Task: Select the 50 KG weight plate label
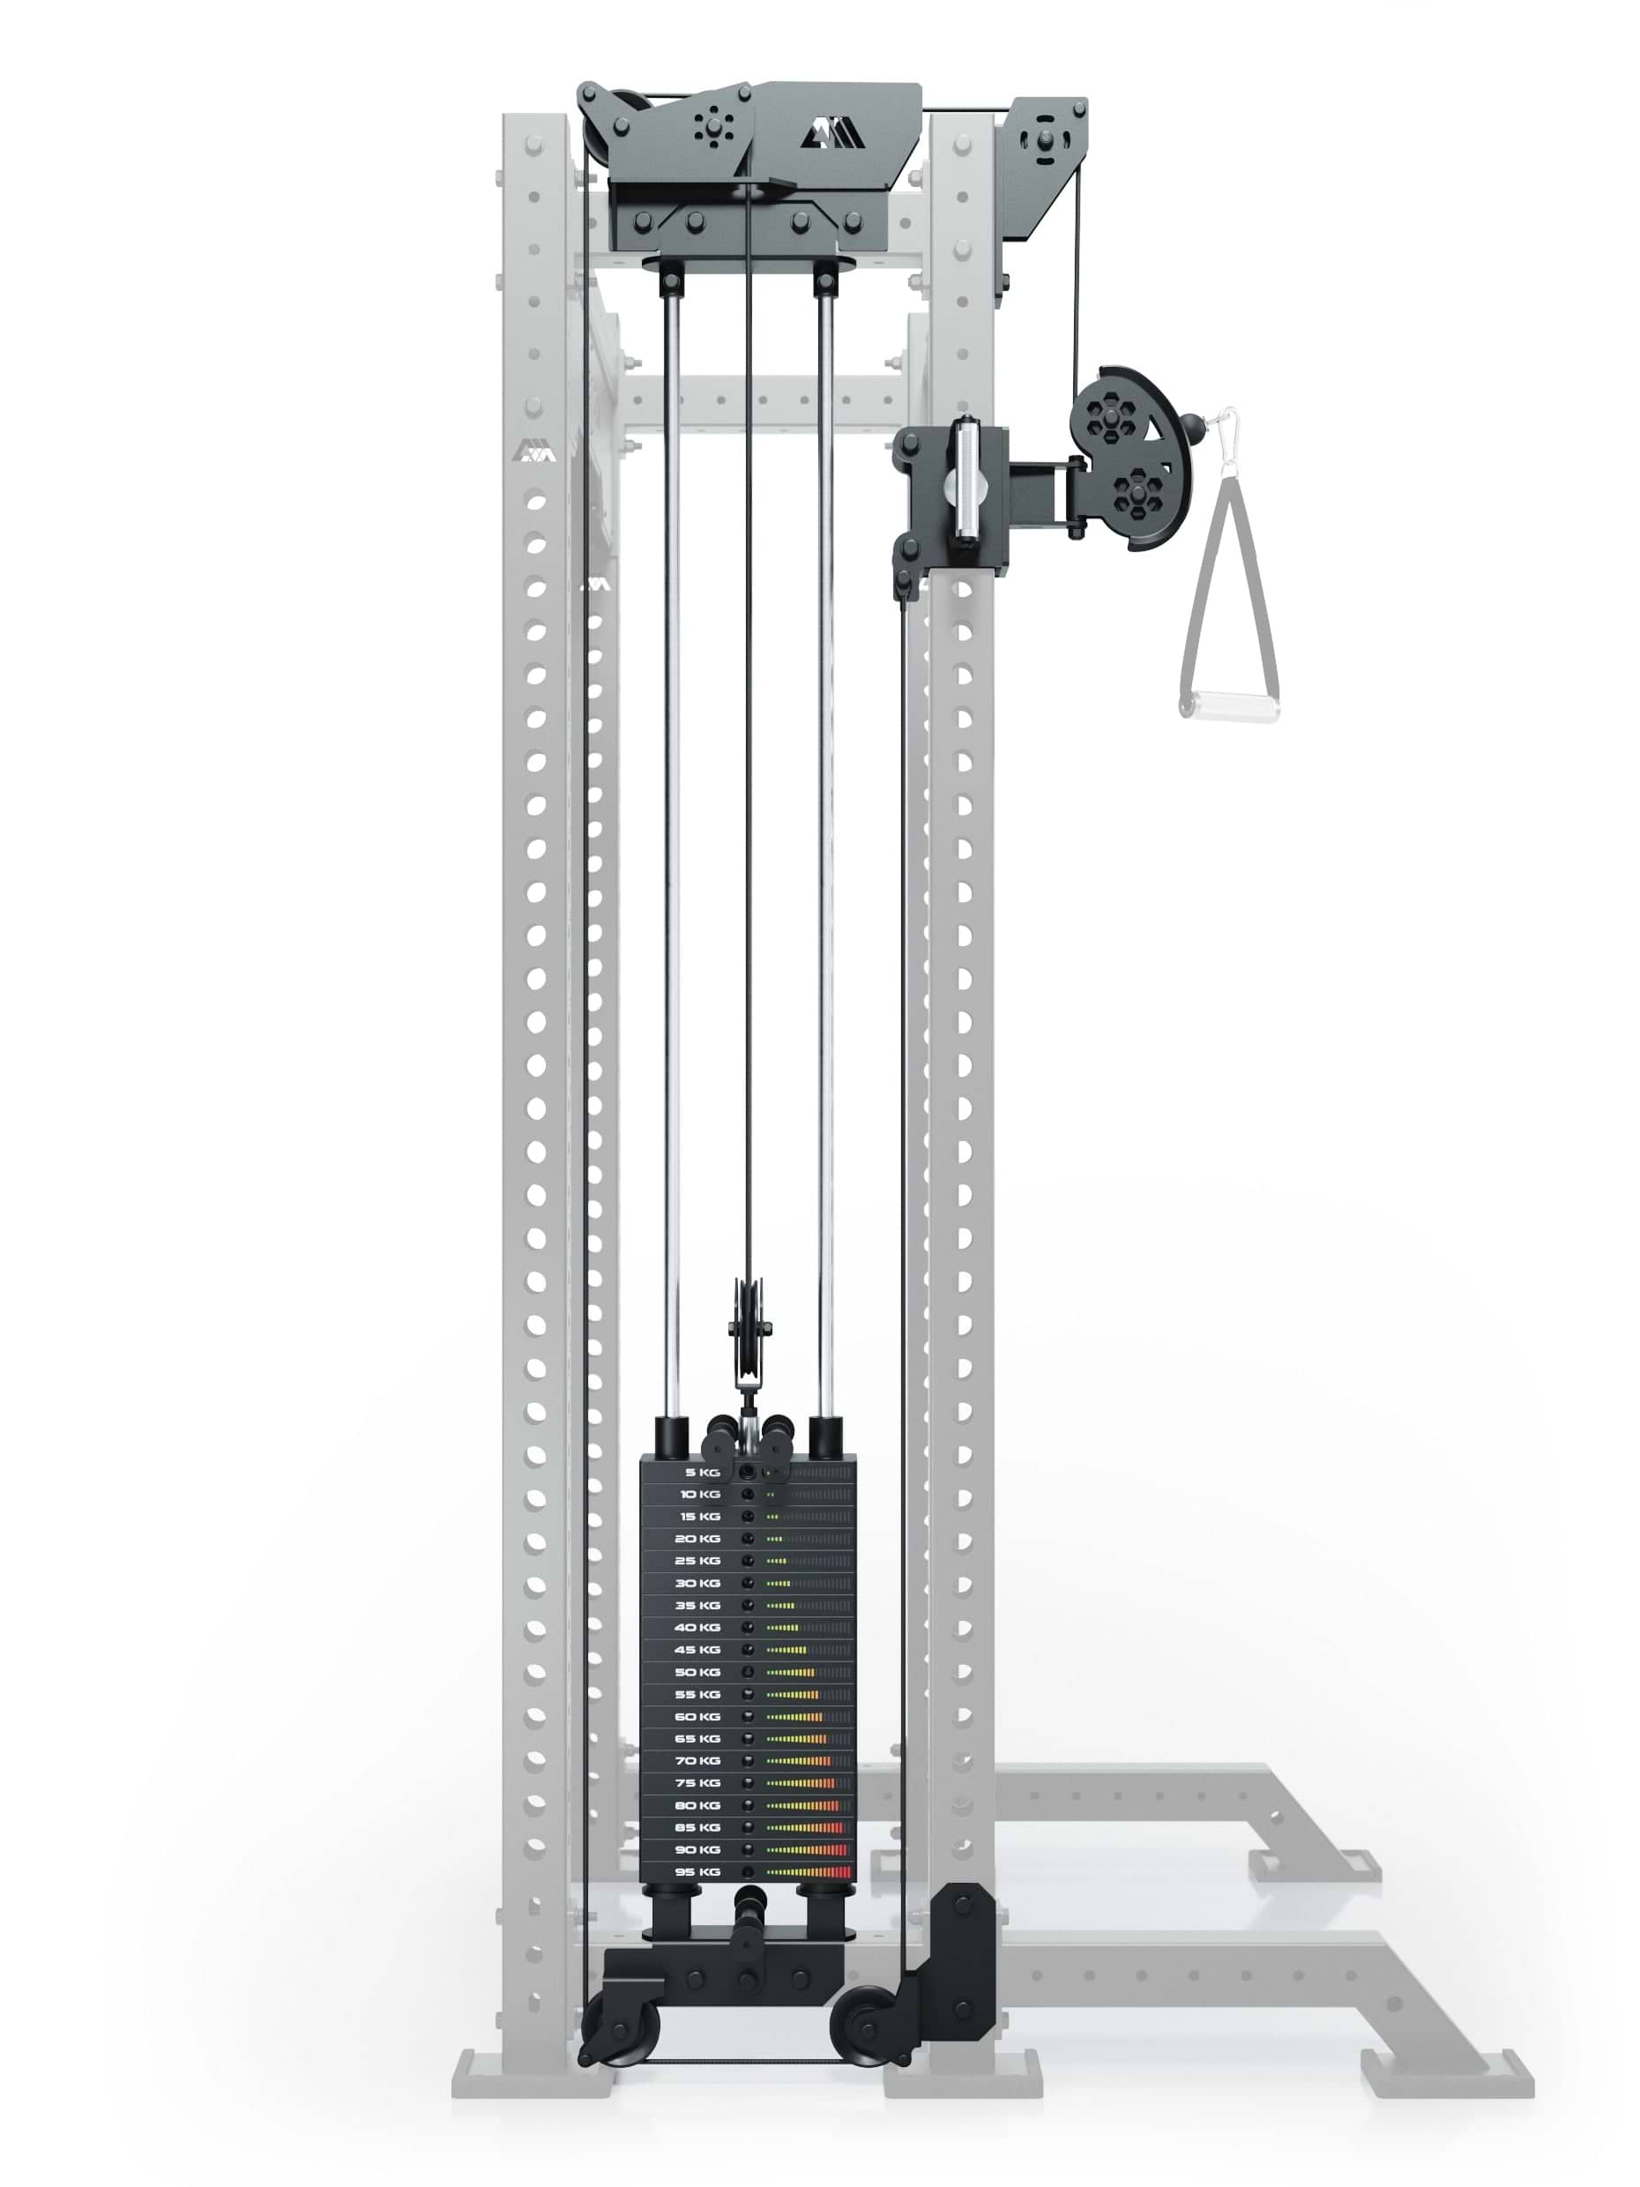(x=697, y=1672)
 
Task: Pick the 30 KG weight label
(x=697, y=1583)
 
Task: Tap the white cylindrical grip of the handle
(x=1229, y=706)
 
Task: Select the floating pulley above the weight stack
(x=749, y=1325)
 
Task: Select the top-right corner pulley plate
(x=1044, y=138)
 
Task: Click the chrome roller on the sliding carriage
(x=964, y=479)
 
